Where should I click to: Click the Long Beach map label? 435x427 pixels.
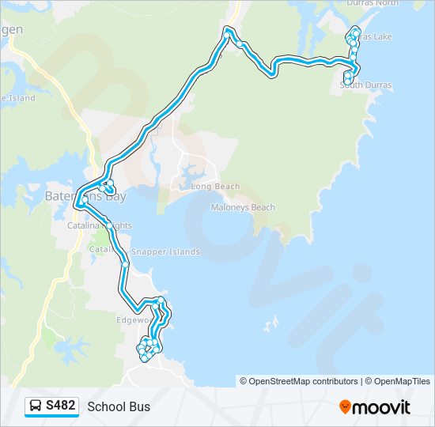pos(215,187)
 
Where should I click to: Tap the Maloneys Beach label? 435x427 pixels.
pos(243,207)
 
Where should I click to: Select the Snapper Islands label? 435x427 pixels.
pos(165,251)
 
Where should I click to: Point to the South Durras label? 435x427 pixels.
pos(366,85)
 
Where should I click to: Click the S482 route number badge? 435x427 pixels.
pos(61,406)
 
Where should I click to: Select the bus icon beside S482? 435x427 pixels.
pos(36,406)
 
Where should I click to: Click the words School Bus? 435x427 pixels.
pos(119,407)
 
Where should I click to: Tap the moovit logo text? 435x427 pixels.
pos(381,407)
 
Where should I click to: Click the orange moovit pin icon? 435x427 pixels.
pos(345,407)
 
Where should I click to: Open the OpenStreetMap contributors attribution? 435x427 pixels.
pos(299,381)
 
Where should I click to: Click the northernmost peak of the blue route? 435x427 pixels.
pos(229,30)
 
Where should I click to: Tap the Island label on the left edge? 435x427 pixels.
pos(19,98)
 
